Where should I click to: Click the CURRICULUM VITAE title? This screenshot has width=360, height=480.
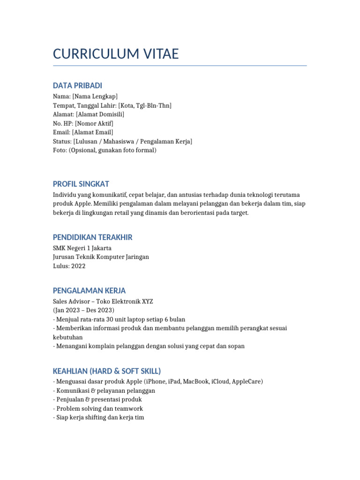116,54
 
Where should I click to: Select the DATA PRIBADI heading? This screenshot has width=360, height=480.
77,85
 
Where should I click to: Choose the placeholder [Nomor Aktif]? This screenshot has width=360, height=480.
94,123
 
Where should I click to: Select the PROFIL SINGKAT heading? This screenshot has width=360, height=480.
81,184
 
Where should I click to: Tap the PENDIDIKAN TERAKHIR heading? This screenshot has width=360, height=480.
93,237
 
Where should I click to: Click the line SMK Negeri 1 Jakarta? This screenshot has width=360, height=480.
82,248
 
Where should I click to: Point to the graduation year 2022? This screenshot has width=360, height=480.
78,266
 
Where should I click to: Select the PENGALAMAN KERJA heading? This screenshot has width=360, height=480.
89,291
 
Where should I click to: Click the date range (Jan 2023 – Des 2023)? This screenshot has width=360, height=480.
84,310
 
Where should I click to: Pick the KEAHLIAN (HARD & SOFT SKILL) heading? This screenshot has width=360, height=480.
107,371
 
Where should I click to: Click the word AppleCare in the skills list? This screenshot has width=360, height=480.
245,382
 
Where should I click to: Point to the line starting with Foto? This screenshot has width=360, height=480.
105,150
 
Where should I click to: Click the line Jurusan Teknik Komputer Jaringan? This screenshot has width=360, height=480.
101,257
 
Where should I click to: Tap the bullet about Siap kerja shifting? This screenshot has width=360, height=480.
98,417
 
